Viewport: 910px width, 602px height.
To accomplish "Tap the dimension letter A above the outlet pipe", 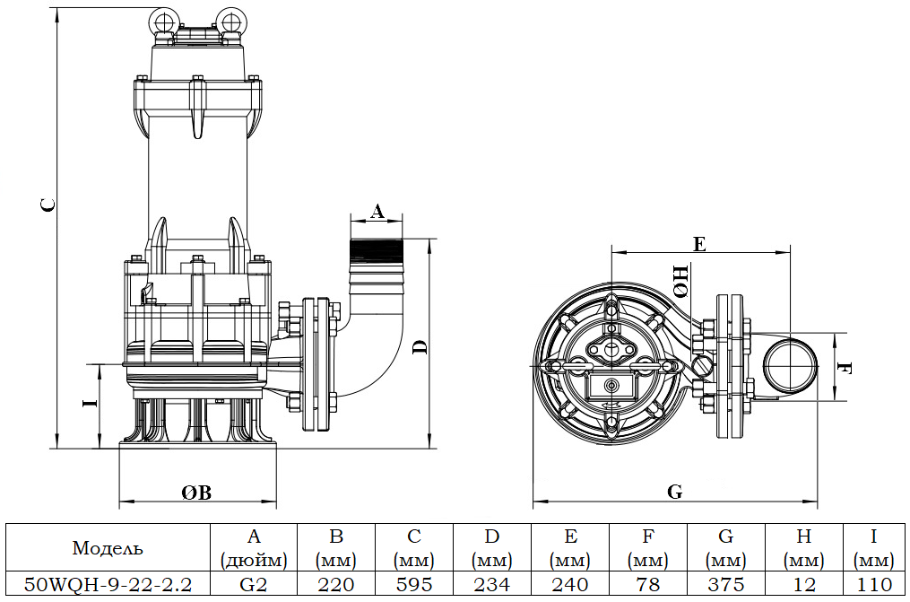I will pos(377,212).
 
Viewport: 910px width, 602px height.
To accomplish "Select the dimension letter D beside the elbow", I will pos(419,347).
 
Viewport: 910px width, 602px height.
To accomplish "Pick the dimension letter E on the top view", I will pos(700,243).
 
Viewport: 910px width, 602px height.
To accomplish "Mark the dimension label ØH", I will pos(680,280).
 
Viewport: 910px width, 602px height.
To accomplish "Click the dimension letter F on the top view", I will pos(844,369).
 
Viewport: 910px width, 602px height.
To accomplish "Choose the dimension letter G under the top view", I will pos(675,492).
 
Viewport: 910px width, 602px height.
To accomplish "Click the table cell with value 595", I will pos(414,585).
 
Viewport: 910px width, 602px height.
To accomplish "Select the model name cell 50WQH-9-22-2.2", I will pos(107,585).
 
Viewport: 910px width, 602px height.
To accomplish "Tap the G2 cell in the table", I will pos(254,585).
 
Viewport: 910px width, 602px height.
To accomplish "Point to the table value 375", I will pos(726,585).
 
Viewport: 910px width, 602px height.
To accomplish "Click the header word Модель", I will pos(107,548).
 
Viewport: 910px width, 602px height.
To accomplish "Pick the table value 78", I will pos(648,585).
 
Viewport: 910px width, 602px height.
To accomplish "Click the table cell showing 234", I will pos(492,585).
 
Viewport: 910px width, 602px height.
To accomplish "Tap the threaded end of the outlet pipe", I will pos(377,249).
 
